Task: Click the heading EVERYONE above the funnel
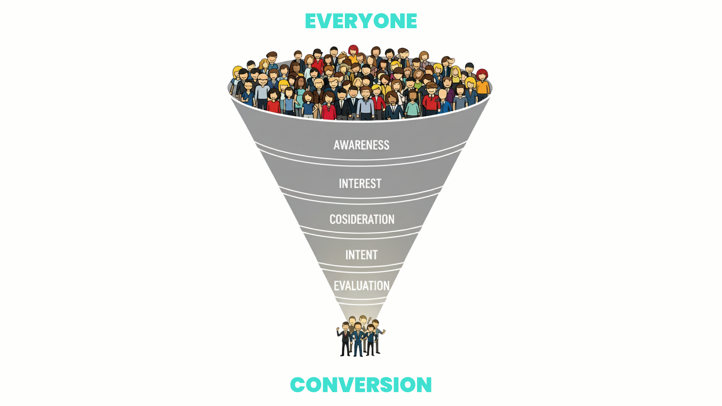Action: coord(361,21)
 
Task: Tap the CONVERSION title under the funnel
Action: coord(361,385)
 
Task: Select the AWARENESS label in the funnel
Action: coord(361,145)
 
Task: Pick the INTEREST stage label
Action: coord(360,183)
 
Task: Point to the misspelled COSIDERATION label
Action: coord(362,219)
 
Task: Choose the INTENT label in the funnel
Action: coord(361,255)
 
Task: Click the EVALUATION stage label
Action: coord(362,286)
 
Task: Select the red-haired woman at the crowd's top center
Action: coord(353,51)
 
